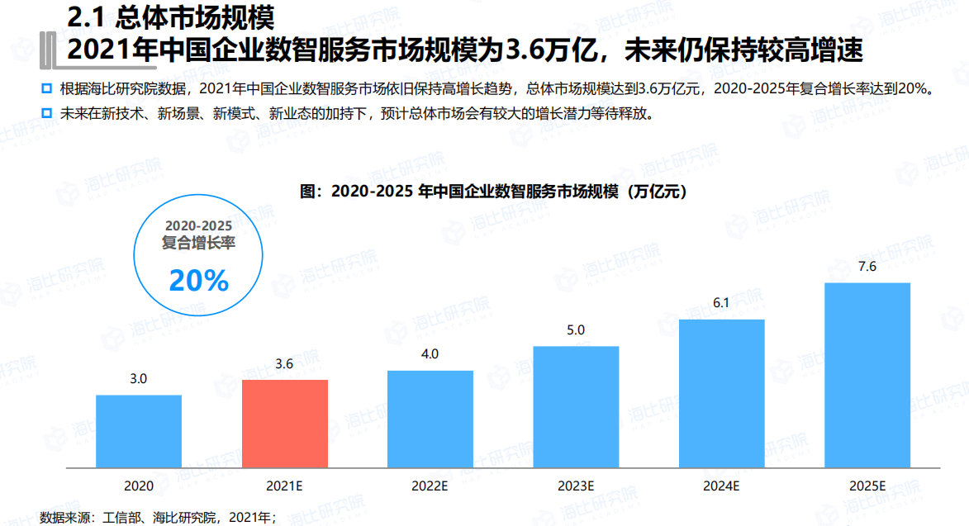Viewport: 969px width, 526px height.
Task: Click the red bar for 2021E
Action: (285, 424)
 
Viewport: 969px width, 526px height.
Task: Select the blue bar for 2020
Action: (139, 432)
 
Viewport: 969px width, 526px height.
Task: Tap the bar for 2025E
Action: (867, 376)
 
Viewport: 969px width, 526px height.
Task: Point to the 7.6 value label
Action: (867, 267)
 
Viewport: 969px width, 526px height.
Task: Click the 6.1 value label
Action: (721, 303)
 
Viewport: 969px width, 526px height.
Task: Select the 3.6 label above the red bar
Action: (285, 364)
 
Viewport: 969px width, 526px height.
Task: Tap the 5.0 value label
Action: (576, 330)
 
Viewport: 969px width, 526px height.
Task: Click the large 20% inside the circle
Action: (198, 281)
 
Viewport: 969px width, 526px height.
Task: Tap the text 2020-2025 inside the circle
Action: (198, 225)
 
